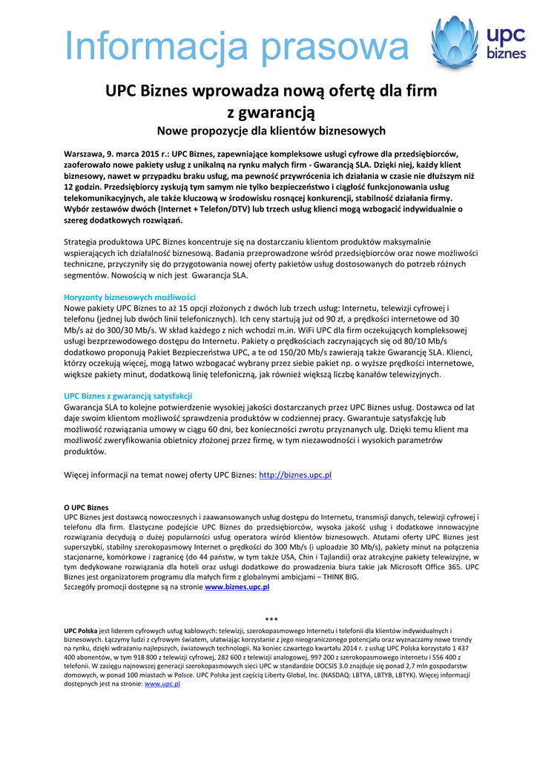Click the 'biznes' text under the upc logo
pyautogui.click(x=507, y=53)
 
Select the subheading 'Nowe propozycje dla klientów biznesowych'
pyautogui.click(x=271, y=131)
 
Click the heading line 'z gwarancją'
pyautogui.click(x=271, y=112)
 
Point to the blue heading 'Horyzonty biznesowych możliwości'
pyautogui.click(x=130, y=297)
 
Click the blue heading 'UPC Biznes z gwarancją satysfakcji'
pyautogui.click(x=128, y=396)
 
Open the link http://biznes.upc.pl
pyautogui.click(x=295, y=474)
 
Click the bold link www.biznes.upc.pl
pyautogui.click(x=237, y=586)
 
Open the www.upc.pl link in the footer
pyautogui.click(x=162, y=684)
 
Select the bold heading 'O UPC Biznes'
pyautogui.click(x=86, y=508)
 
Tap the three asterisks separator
pyautogui.click(x=271, y=619)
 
